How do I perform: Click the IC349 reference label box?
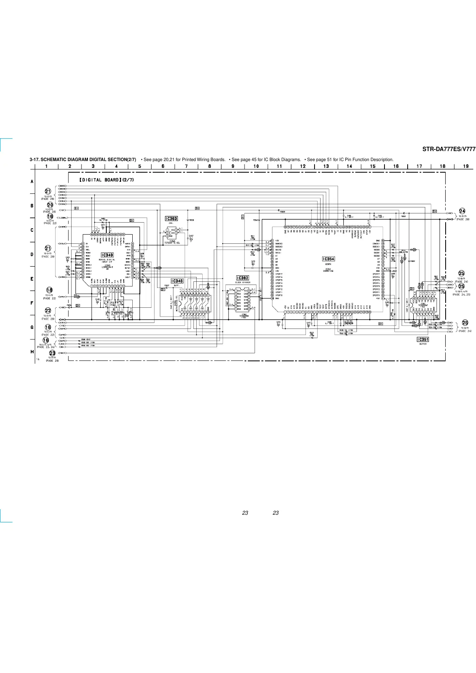tap(107, 255)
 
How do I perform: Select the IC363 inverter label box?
tap(171, 219)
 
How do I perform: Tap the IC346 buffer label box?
tap(177, 281)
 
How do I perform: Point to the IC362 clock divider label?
tap(243, 278)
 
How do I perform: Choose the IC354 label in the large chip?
tap(328, 259)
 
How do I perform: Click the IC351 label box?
tap(423, 339)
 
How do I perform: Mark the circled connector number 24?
tap(462, 211)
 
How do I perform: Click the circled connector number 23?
tap(52, 353)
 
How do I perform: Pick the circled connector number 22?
tap(48, 311)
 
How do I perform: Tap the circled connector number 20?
tap(50, 205)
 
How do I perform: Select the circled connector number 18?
tap(49, 290)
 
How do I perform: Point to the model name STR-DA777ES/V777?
tap(449, 149)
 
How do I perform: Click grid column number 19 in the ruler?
tap(466, 166)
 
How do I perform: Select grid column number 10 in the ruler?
tap(256, 166)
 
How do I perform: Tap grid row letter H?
tap(32, 352)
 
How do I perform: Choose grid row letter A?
tap(32, 181)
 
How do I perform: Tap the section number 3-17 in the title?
tap(34, 160)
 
